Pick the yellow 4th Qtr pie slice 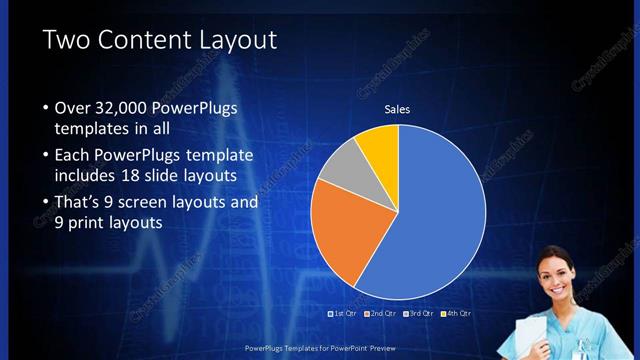click(381, 145)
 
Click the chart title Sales click(398, 109)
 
